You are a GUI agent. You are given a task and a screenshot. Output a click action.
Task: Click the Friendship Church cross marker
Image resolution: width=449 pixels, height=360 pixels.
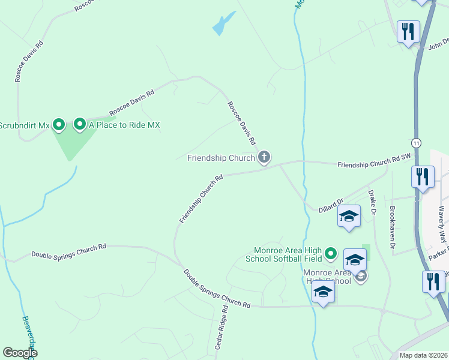pos(264,158)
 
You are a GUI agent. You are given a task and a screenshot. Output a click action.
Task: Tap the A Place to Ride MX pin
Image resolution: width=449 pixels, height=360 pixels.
pos(79,125)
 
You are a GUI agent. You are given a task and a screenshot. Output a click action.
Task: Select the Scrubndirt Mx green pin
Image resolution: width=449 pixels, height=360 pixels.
pos(59,125)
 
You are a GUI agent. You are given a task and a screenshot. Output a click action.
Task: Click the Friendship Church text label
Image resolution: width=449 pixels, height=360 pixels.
pos(220,158)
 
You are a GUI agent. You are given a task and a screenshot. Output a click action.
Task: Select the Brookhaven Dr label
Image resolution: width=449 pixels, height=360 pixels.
pos(393,228)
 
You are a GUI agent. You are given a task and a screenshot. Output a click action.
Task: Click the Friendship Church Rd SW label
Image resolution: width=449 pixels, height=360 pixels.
pos(374,160)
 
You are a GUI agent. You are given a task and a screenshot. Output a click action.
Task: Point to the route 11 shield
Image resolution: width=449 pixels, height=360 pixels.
pos(416,142)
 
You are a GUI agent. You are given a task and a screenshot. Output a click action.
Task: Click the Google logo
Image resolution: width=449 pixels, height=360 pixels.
pos(20,353)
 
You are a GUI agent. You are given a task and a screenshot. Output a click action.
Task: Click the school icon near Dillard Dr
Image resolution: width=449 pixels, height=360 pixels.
pos(349,216)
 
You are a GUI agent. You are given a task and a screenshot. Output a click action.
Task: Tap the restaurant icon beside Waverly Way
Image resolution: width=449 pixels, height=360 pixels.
pos(423,177)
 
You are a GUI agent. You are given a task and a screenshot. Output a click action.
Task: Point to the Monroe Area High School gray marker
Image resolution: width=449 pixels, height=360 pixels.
pos(360,276)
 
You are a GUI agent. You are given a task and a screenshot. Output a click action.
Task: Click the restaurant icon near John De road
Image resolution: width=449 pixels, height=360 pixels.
pos(409,31)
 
